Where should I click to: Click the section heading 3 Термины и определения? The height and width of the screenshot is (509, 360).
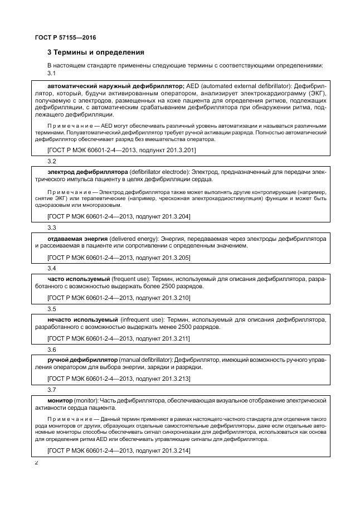95,52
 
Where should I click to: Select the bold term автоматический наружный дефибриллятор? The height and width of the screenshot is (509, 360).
116,86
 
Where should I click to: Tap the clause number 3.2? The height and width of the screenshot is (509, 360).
52,161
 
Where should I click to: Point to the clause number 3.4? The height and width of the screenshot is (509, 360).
52,268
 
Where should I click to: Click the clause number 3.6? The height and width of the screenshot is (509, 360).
52,350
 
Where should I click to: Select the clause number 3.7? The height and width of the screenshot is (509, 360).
52,390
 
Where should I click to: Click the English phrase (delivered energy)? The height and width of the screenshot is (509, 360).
135,238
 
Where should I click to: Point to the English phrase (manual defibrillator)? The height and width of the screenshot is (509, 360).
146,360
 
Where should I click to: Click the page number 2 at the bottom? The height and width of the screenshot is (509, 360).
37,462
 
